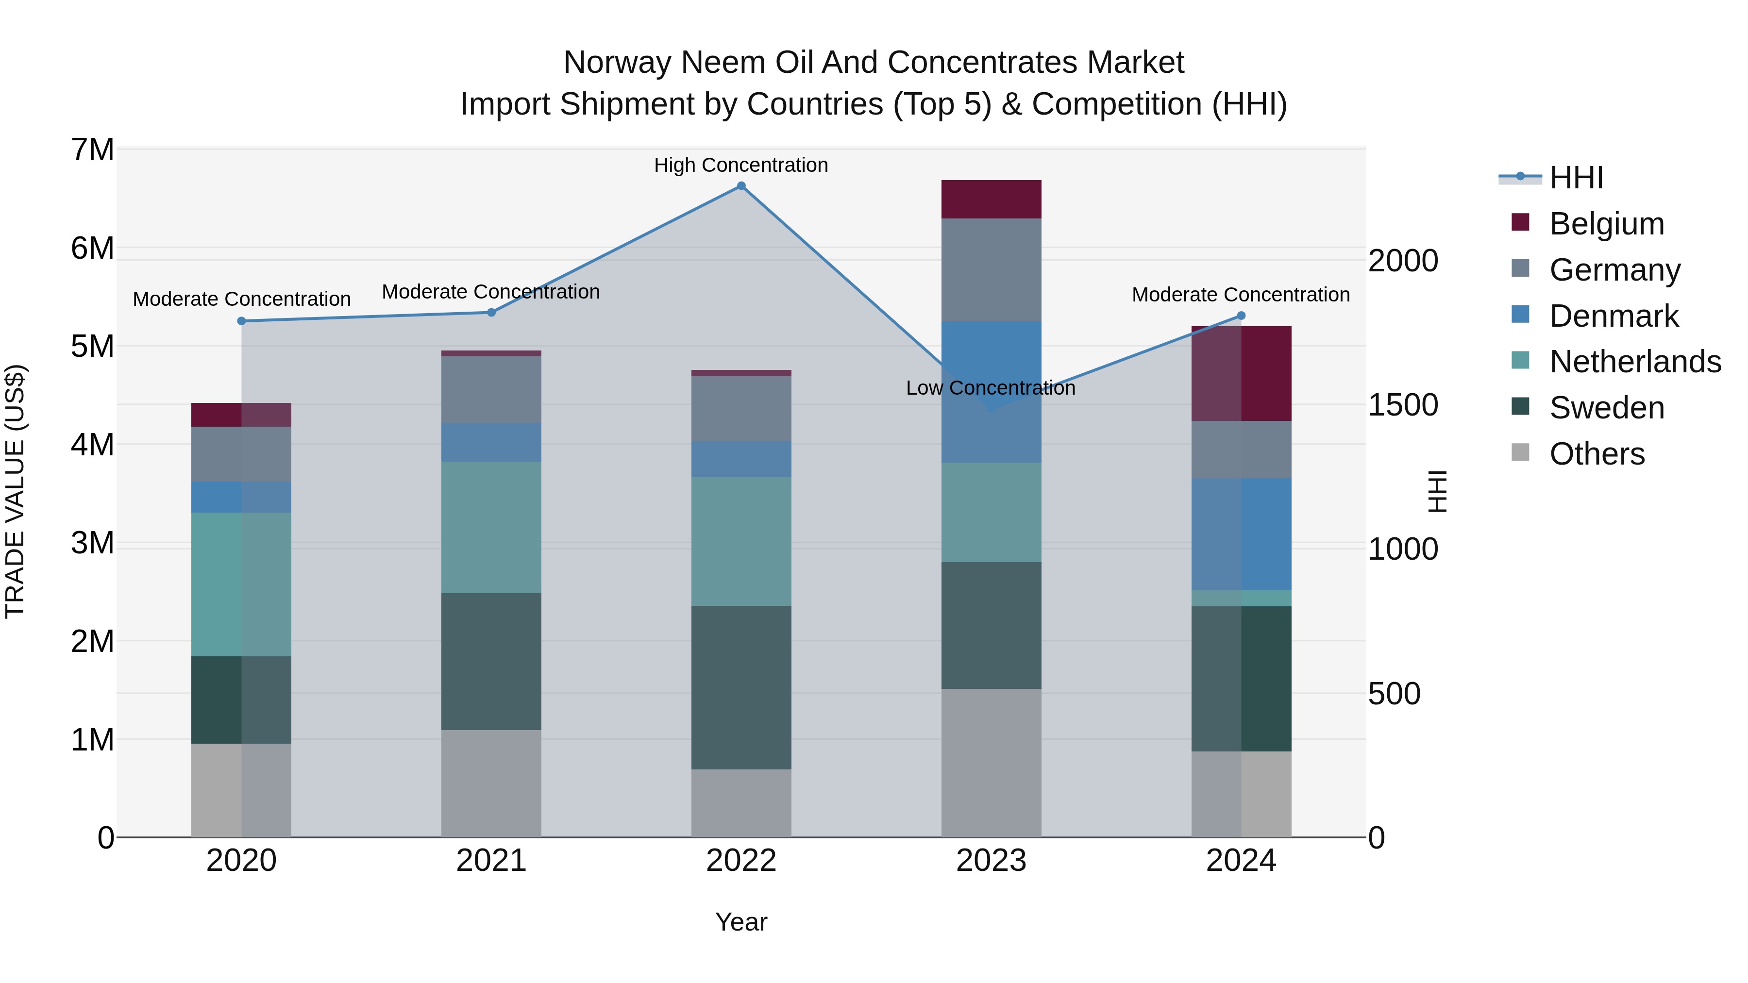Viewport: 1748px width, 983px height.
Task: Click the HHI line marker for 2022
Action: pyautogui.click(x=741, y=186)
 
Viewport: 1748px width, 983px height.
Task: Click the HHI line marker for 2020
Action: pyautogui.click(x=242, y=321)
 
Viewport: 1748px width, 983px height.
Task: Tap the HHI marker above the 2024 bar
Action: pyautogui.click(x=1241, y=316)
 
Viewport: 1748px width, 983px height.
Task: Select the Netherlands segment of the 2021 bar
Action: pyautogui.click(x=491, y=527)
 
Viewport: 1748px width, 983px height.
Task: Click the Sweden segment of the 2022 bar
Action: pyautogui.click(x=741, y=687)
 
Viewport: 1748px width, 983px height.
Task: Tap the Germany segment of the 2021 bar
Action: pyautogui.click(x=491, y=389)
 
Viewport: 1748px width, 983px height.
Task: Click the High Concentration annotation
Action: pyautogui.click(x=741, y=165)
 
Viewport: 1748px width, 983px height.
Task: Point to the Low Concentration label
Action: pyautogui.click(x=991, y=388)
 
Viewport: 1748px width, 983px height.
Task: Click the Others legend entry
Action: pyautogui.click(x=1596, y=454)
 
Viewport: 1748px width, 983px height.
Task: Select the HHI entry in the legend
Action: pyautogui.click(x=1576, y=178)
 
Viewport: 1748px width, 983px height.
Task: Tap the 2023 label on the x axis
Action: pyautogui.click(x=991, y=861)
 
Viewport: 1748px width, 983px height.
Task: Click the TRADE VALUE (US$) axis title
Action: pyautogui.click(x=15, y=491)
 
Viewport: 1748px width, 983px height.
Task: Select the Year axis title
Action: pyautogui.click(x=741, y=922)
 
